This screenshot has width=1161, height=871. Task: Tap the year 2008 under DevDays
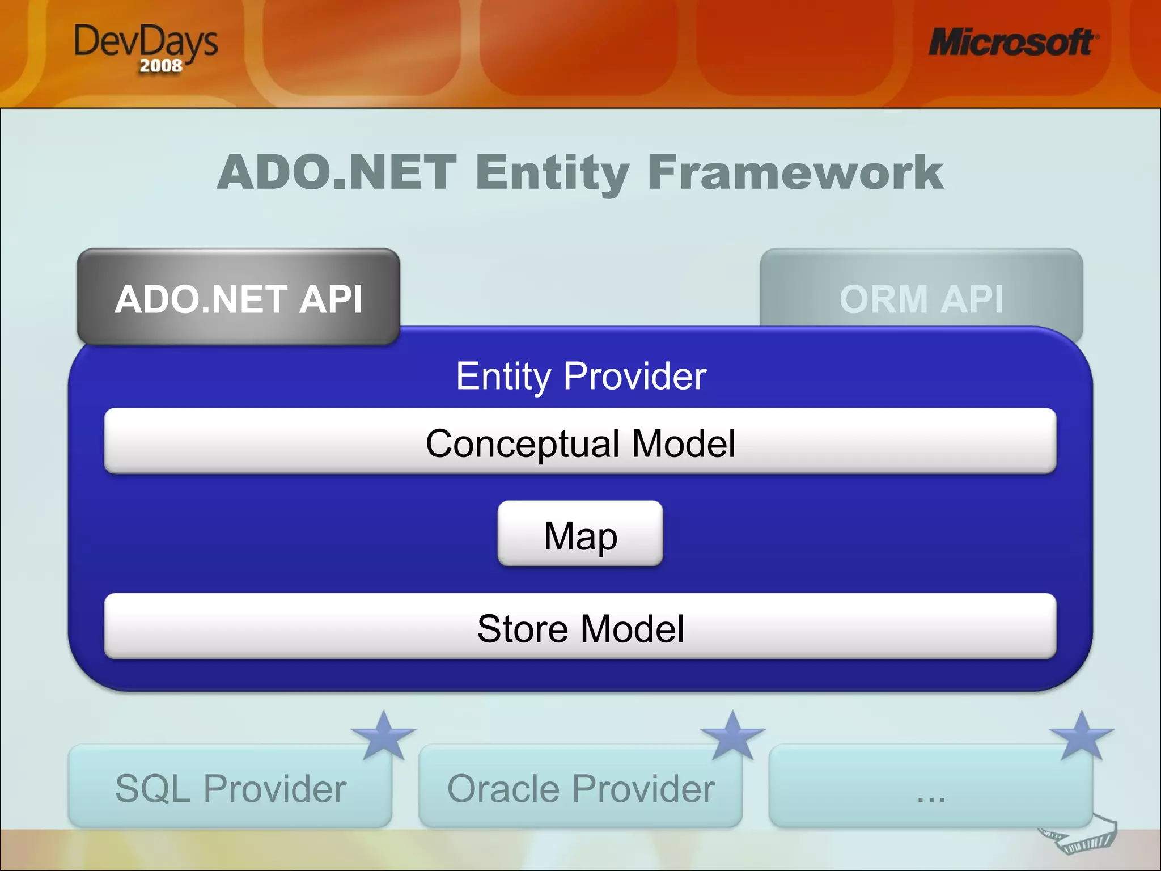coord(161,66)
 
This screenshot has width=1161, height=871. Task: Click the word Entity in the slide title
coord(552,172)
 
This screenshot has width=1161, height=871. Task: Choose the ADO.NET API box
coord(239,297)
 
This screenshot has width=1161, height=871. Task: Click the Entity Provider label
coord(580,376)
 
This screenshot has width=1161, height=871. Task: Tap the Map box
coord(580,534)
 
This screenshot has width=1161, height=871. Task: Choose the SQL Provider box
coord(230,788)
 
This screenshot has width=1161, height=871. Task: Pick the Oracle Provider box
coord(580,788)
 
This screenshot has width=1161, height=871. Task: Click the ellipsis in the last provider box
coord(930,796)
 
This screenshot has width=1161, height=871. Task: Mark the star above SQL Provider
coord(384,736)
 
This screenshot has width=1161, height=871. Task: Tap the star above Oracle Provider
coord(732,736)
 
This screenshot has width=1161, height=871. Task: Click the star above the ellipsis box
coord(1082,736)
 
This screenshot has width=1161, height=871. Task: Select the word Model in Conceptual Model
coord(683,443)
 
